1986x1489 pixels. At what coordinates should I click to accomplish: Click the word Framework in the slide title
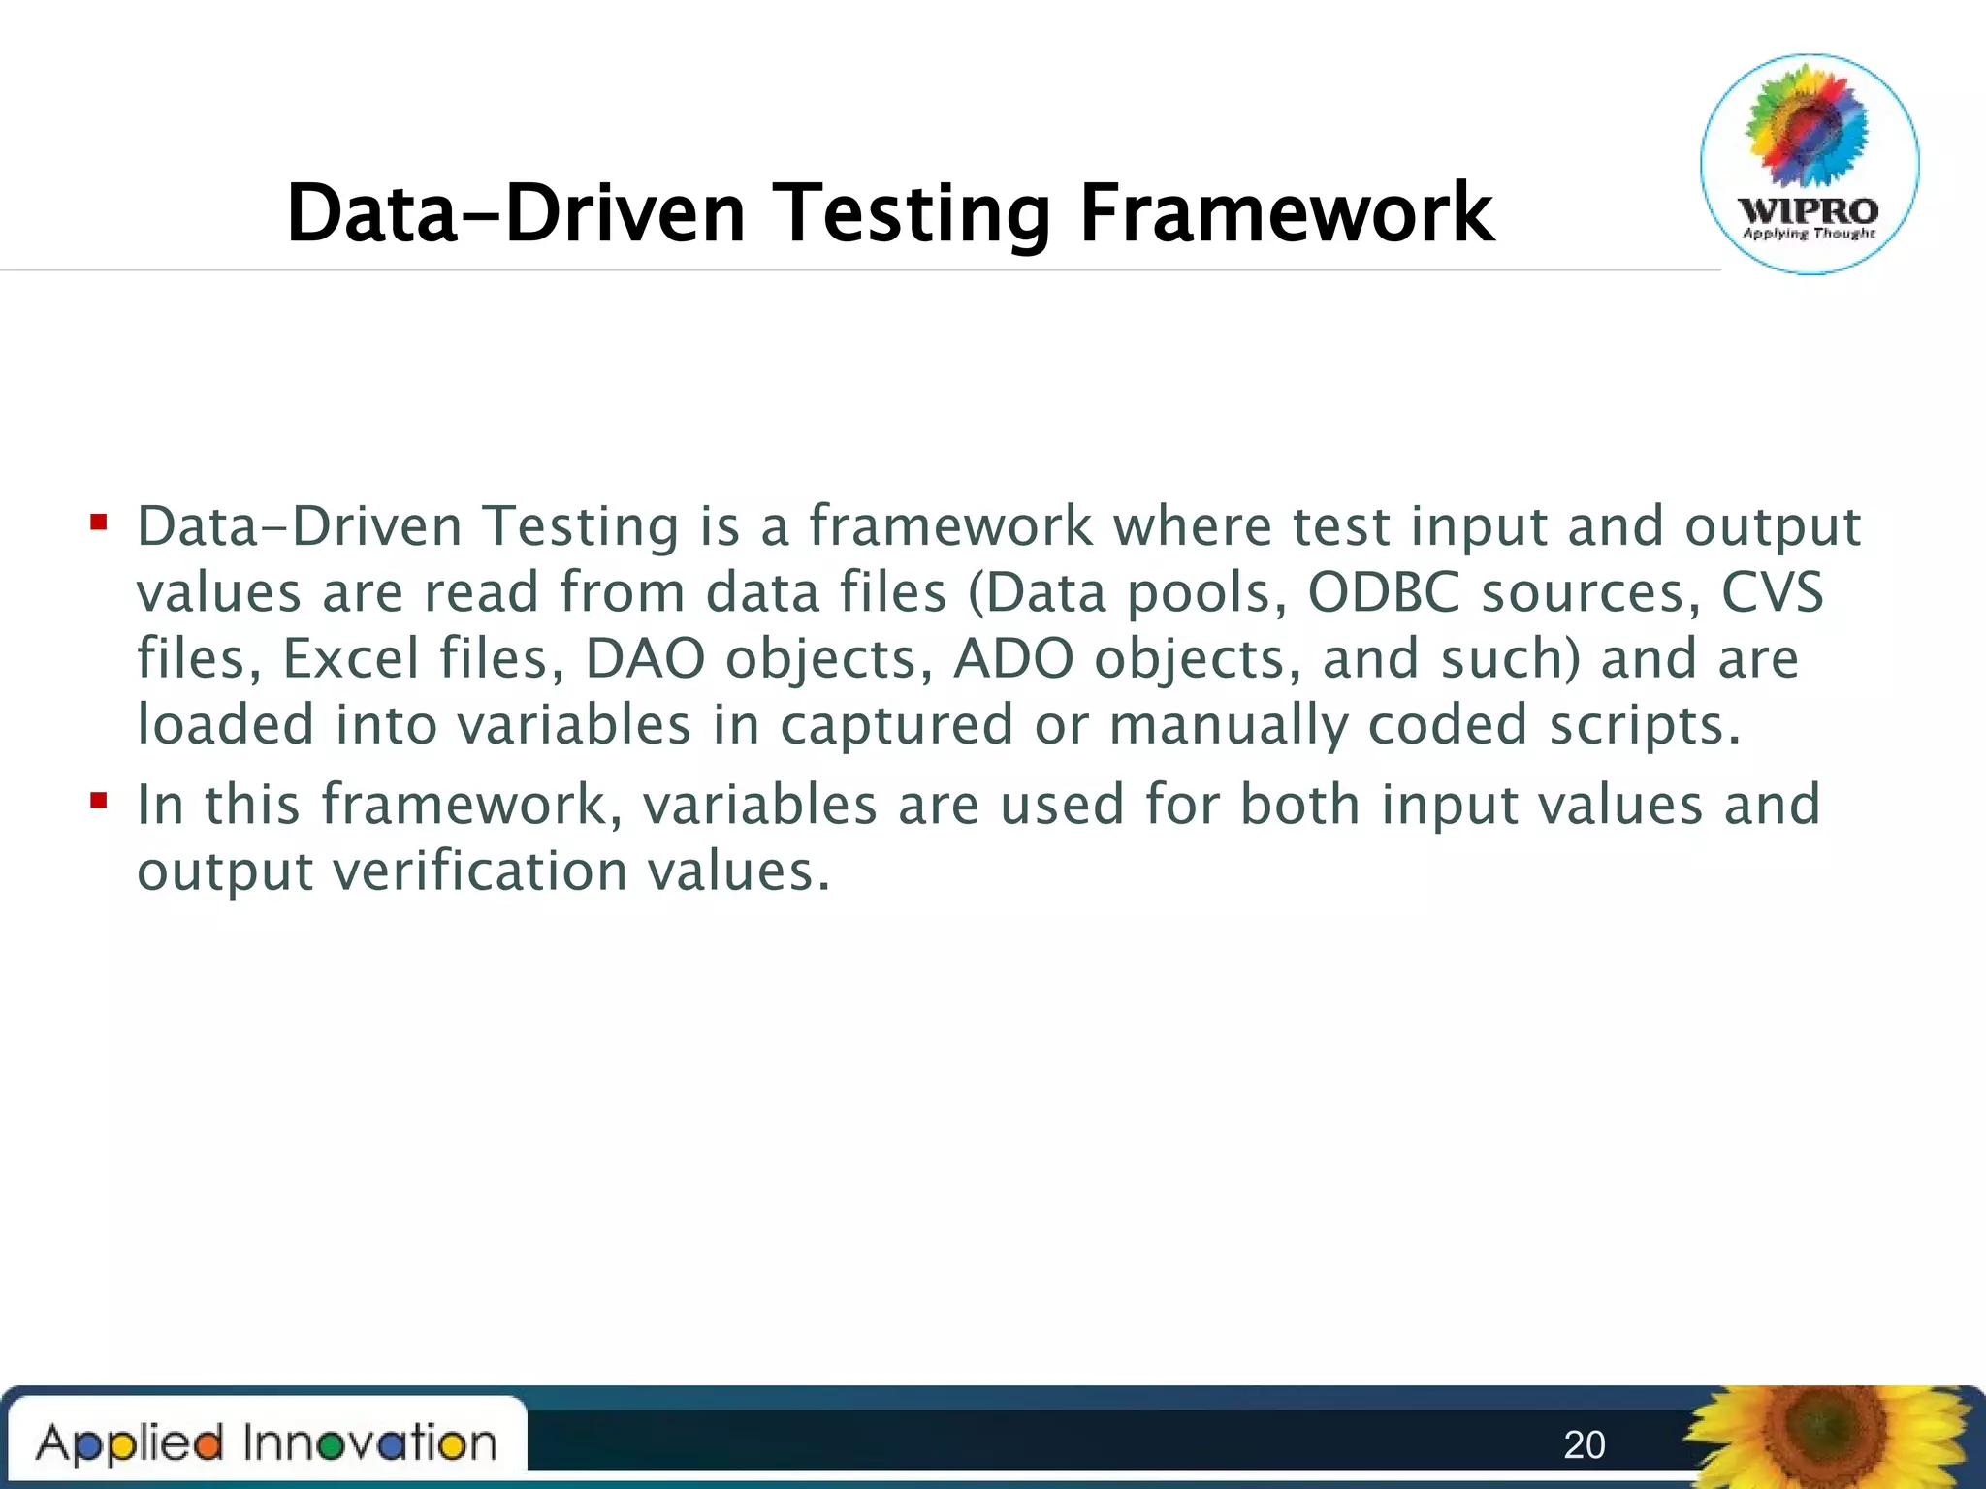point(1286,213)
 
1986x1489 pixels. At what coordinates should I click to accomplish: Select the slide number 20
point(1585,1445)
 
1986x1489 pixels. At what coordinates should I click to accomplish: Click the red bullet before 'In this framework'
point(98,802)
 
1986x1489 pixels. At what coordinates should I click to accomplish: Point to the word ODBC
point(1384,592)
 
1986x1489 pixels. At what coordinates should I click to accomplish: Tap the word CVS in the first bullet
point(1773,592)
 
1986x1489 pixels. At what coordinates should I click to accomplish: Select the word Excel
point(350,658)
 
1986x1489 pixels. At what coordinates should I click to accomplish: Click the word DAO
point(645,658)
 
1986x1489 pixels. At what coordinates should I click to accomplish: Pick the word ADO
point(1013,658)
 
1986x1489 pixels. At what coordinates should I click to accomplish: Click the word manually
point(1228,726)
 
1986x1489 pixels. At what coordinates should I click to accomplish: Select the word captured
point(897,726)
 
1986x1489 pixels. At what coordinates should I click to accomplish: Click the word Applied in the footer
point(130,1443)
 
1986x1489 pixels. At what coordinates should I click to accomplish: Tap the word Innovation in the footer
point(369,1443)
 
